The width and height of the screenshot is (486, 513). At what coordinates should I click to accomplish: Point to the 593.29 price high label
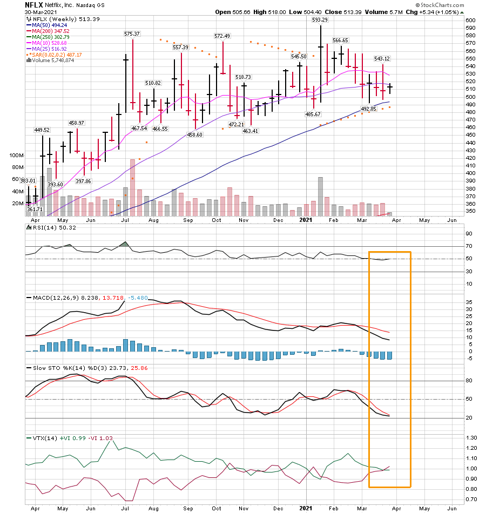coord(320,20)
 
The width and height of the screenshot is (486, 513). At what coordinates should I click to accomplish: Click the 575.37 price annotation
coord(132,33)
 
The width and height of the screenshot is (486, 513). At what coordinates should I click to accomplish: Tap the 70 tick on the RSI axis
coord(469,246)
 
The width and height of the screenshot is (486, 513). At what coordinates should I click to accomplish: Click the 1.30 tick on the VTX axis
coord(471,437)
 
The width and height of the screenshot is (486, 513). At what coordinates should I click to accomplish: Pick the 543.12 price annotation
coord(382,58)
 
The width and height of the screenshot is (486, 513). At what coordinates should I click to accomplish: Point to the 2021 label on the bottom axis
coord(306,508)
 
